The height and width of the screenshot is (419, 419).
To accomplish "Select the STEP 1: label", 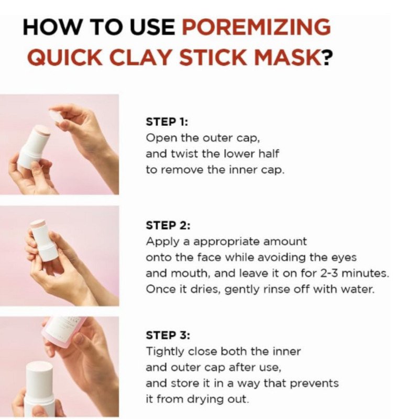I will (166, 122).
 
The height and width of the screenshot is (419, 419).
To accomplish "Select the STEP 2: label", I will (167, 226).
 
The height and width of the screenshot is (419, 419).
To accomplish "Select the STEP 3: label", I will (167, 335).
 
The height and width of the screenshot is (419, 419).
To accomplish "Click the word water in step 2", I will (359, 290).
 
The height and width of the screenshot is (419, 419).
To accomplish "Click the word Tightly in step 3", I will (164, 351).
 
